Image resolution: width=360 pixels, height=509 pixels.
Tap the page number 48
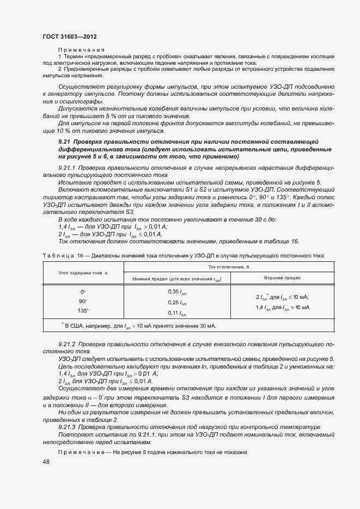[x=46, y=462]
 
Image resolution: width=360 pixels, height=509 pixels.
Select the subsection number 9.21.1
[x=67, y=169]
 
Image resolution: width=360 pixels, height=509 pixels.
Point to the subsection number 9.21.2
[x=67, y=345]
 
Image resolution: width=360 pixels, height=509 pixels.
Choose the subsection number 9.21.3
[x=67, y=426]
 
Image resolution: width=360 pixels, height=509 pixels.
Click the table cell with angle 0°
[x=83, y=292]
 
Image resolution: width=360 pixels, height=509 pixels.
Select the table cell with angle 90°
[x=83, y=302]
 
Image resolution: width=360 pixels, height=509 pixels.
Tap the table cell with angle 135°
[x=83, y=311]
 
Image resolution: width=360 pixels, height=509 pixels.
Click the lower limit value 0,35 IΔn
[x=178, y=292]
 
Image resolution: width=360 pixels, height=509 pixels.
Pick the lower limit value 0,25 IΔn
[x=178, y=302]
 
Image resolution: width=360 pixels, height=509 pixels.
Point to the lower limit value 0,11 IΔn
[x=178, y=312]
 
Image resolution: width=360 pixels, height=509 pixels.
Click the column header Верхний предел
[x=282, y=278]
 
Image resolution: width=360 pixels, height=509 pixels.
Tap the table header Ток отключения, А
[x=229, y=267]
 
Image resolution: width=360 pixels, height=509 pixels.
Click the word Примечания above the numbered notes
[x=81, y=50]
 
